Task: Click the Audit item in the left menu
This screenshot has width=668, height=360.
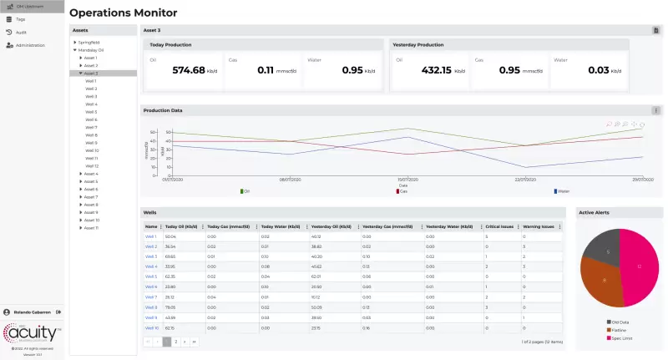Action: click(x=22, y=32)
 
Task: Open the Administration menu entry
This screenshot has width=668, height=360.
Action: click(x=30, y=45)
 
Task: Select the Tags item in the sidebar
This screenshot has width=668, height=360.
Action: click(x=21, y=18)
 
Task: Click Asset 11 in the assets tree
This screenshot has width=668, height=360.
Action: click(x=91, y=228)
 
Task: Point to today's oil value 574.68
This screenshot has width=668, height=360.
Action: click(x=188, y=70)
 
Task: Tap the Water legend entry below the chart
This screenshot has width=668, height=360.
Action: click(x=563, y=191)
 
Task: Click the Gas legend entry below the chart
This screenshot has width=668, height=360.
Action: click(x=403, y=191)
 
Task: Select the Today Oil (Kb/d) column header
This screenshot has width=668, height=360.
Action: click(x=181, y=226)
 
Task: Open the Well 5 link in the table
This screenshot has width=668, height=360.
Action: click(x=151, y=276)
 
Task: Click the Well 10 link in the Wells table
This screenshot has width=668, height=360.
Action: click(x=152, y=327)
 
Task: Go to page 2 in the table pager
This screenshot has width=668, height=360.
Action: click(x=176, y=342)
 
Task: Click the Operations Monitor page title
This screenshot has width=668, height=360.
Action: click(x=123, y=13)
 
